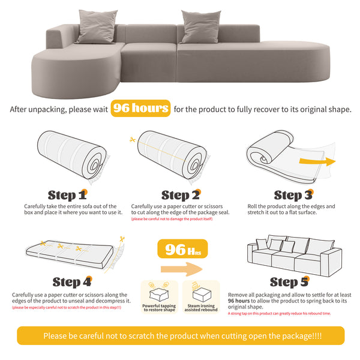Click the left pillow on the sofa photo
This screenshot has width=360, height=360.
click(x=96, y=26)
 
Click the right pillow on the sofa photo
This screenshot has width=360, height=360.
click(x=200, y=26)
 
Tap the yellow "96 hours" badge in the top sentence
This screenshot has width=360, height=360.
click(x=140, y=109)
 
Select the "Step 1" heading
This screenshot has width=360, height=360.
click(x=67, y=195)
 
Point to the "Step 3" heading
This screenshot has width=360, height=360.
click(x=292, y=195)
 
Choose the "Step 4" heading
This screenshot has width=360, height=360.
click(x=71, y=282)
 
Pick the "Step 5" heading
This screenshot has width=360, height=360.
click(x=291, y=282)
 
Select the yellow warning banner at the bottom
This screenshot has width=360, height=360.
click(x=180, y=336)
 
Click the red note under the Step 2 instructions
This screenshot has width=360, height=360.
click(x=172, y=219)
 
